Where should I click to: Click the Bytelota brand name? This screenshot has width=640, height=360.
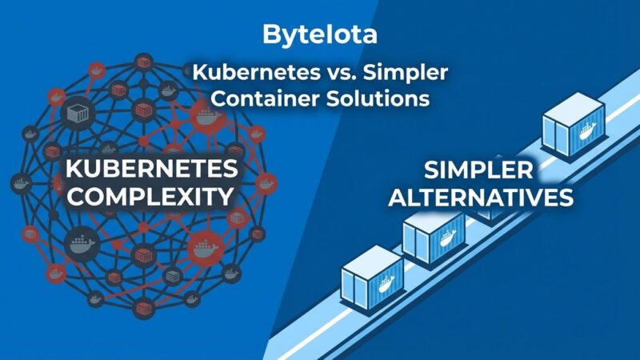coord(319,36)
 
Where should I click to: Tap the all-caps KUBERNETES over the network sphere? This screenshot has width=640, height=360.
coord(151,170)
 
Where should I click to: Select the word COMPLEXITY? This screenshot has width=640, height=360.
coord(151,198)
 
